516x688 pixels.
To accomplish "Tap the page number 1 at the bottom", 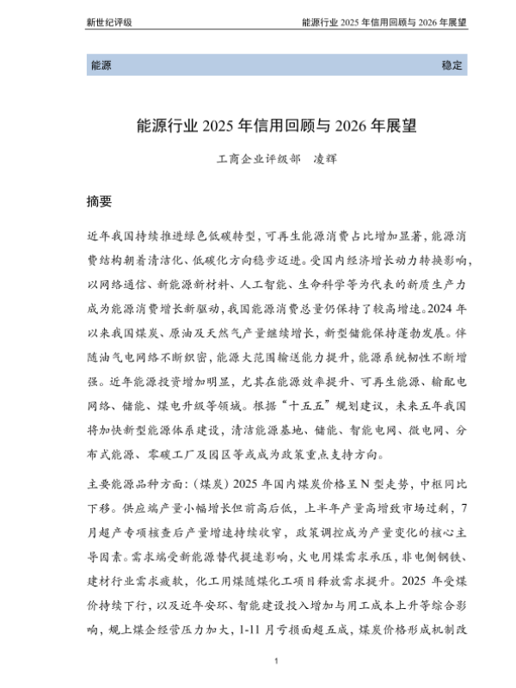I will click(x=275, y=660).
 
